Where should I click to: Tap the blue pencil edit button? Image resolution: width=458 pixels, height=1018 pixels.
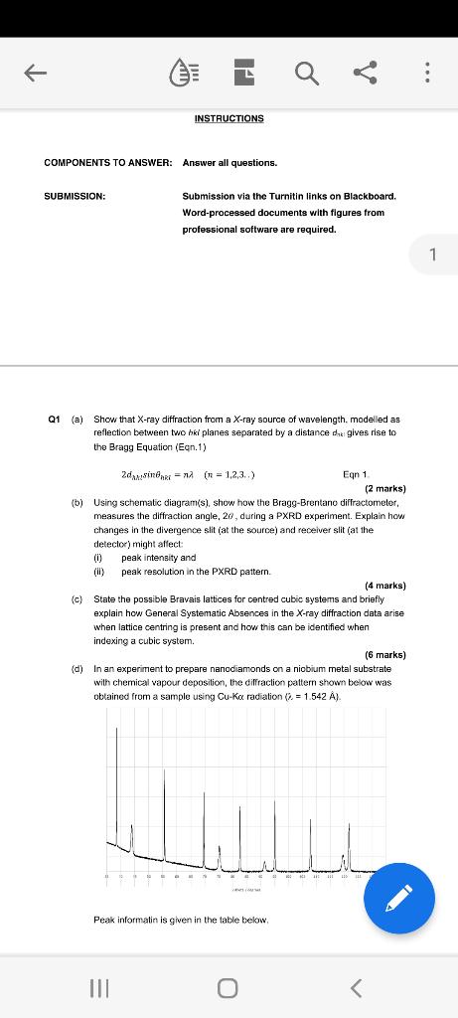click(x=398, y=899)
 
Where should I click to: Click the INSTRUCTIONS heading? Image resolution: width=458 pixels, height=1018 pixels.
click(x=229, y=118)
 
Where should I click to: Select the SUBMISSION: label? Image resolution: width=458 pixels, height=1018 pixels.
click(x=75, y=196)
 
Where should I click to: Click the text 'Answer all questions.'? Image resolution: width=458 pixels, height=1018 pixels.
click(x=229, y=162)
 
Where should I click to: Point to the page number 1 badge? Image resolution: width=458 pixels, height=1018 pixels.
click(x=432, y=254)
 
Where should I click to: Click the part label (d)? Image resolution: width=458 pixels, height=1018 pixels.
click(x=76, y=669)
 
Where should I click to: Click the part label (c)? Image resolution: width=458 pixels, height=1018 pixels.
click(x=76, y=599)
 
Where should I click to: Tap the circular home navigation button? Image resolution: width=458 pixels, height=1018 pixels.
click(x=228, y=987)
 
